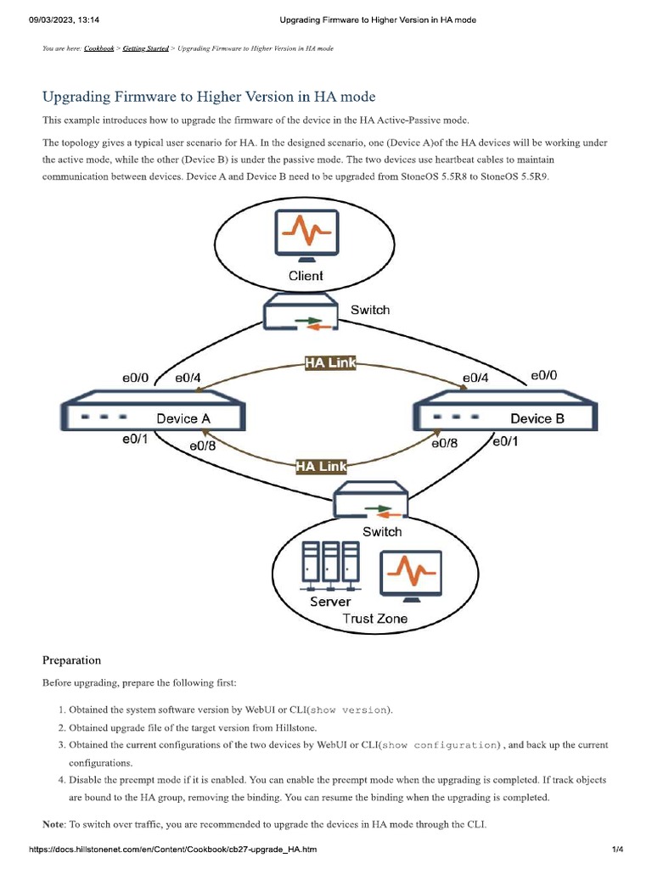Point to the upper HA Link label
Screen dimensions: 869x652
[x=330, y=364]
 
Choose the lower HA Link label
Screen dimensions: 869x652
[x=322, y=466]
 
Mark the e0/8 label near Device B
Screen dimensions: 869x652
[x=445, y=443]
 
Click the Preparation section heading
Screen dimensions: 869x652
[x=71, y=660]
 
